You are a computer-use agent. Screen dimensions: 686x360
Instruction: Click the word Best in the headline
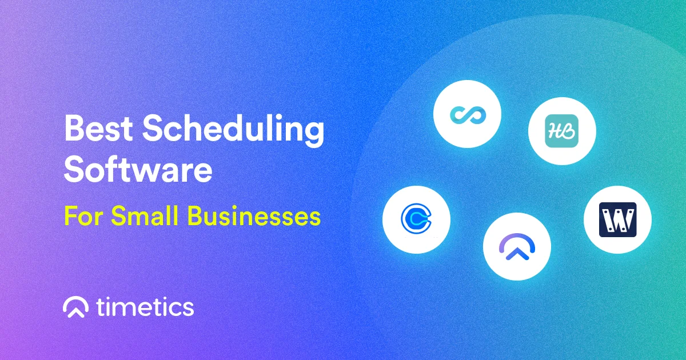[x=98, y=128]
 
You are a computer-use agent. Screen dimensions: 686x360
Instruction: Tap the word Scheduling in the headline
[x=233, y=131]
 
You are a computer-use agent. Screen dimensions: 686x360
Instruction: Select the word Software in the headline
[x=138, y=169]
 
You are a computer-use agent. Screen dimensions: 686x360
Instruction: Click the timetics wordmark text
[x=145, y=307]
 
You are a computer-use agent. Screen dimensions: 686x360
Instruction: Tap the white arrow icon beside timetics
[x=76, y=307]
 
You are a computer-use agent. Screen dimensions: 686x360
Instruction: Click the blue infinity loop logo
[x=468, y=114]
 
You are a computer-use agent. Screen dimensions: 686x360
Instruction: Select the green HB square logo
[x=561, y=131]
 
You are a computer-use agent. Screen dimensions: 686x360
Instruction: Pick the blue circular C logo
[x=416, y=218]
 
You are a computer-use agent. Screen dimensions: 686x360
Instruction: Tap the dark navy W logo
[x=618, y=219]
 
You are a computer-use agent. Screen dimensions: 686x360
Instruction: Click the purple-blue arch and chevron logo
[x=517, y=247]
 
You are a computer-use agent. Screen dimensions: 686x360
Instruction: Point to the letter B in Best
[x=74, y=128]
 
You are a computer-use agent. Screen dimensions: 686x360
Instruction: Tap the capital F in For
[x=71, y=216]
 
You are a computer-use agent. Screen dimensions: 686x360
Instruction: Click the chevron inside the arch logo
[x=517, y=254]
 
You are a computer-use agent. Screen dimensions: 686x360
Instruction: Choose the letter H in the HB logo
[x=555, y=131]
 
